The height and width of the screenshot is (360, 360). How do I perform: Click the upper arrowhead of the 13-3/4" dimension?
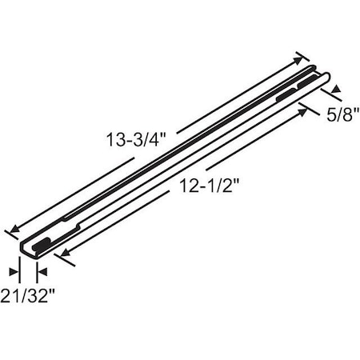(x=300, y=58)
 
